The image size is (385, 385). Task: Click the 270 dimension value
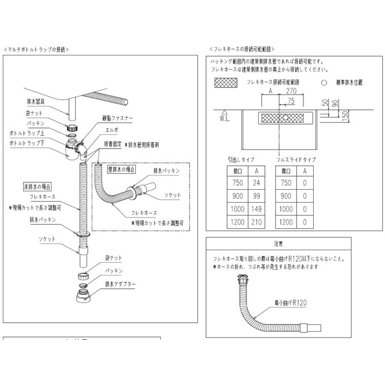coord(292,89)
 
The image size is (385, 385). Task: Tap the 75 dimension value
coord(291,101)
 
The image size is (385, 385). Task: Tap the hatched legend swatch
coord(228,82)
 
